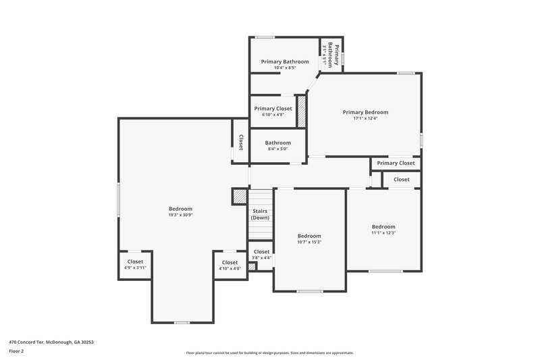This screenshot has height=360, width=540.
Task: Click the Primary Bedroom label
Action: point(365,112)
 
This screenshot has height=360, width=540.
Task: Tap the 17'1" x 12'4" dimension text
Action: point(365,119)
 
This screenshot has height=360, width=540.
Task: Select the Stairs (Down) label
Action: point(261,214)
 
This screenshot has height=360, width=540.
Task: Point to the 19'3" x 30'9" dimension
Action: point(180,215)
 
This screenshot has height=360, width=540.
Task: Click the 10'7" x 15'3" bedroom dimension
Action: point(309,242)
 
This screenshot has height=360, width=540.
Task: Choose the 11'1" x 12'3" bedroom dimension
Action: point(383,233)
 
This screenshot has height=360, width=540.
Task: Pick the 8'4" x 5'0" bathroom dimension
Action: point(277,149)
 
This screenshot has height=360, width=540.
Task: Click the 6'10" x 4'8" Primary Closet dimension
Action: point(273,115)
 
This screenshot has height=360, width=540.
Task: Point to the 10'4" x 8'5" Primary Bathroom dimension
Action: point(285,68)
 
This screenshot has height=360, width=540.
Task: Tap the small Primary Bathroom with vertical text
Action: point(331,54)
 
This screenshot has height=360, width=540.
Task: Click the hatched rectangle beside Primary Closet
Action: point(302,111)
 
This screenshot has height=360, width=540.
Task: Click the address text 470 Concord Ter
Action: point(51,342)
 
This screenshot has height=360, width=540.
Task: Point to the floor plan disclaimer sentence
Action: point(270,353)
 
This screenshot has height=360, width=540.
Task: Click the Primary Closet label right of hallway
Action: point(396,163)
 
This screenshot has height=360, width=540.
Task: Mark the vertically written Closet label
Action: point(241,142)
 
